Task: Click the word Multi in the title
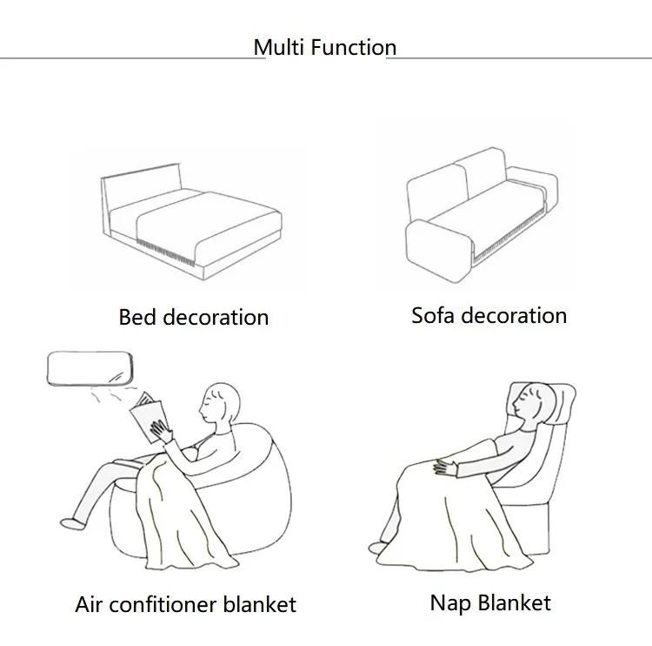coord(273,47)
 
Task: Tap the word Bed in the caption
coord(136,317)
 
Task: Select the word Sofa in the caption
coord(433,315)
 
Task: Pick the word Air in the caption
coord(90,604)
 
